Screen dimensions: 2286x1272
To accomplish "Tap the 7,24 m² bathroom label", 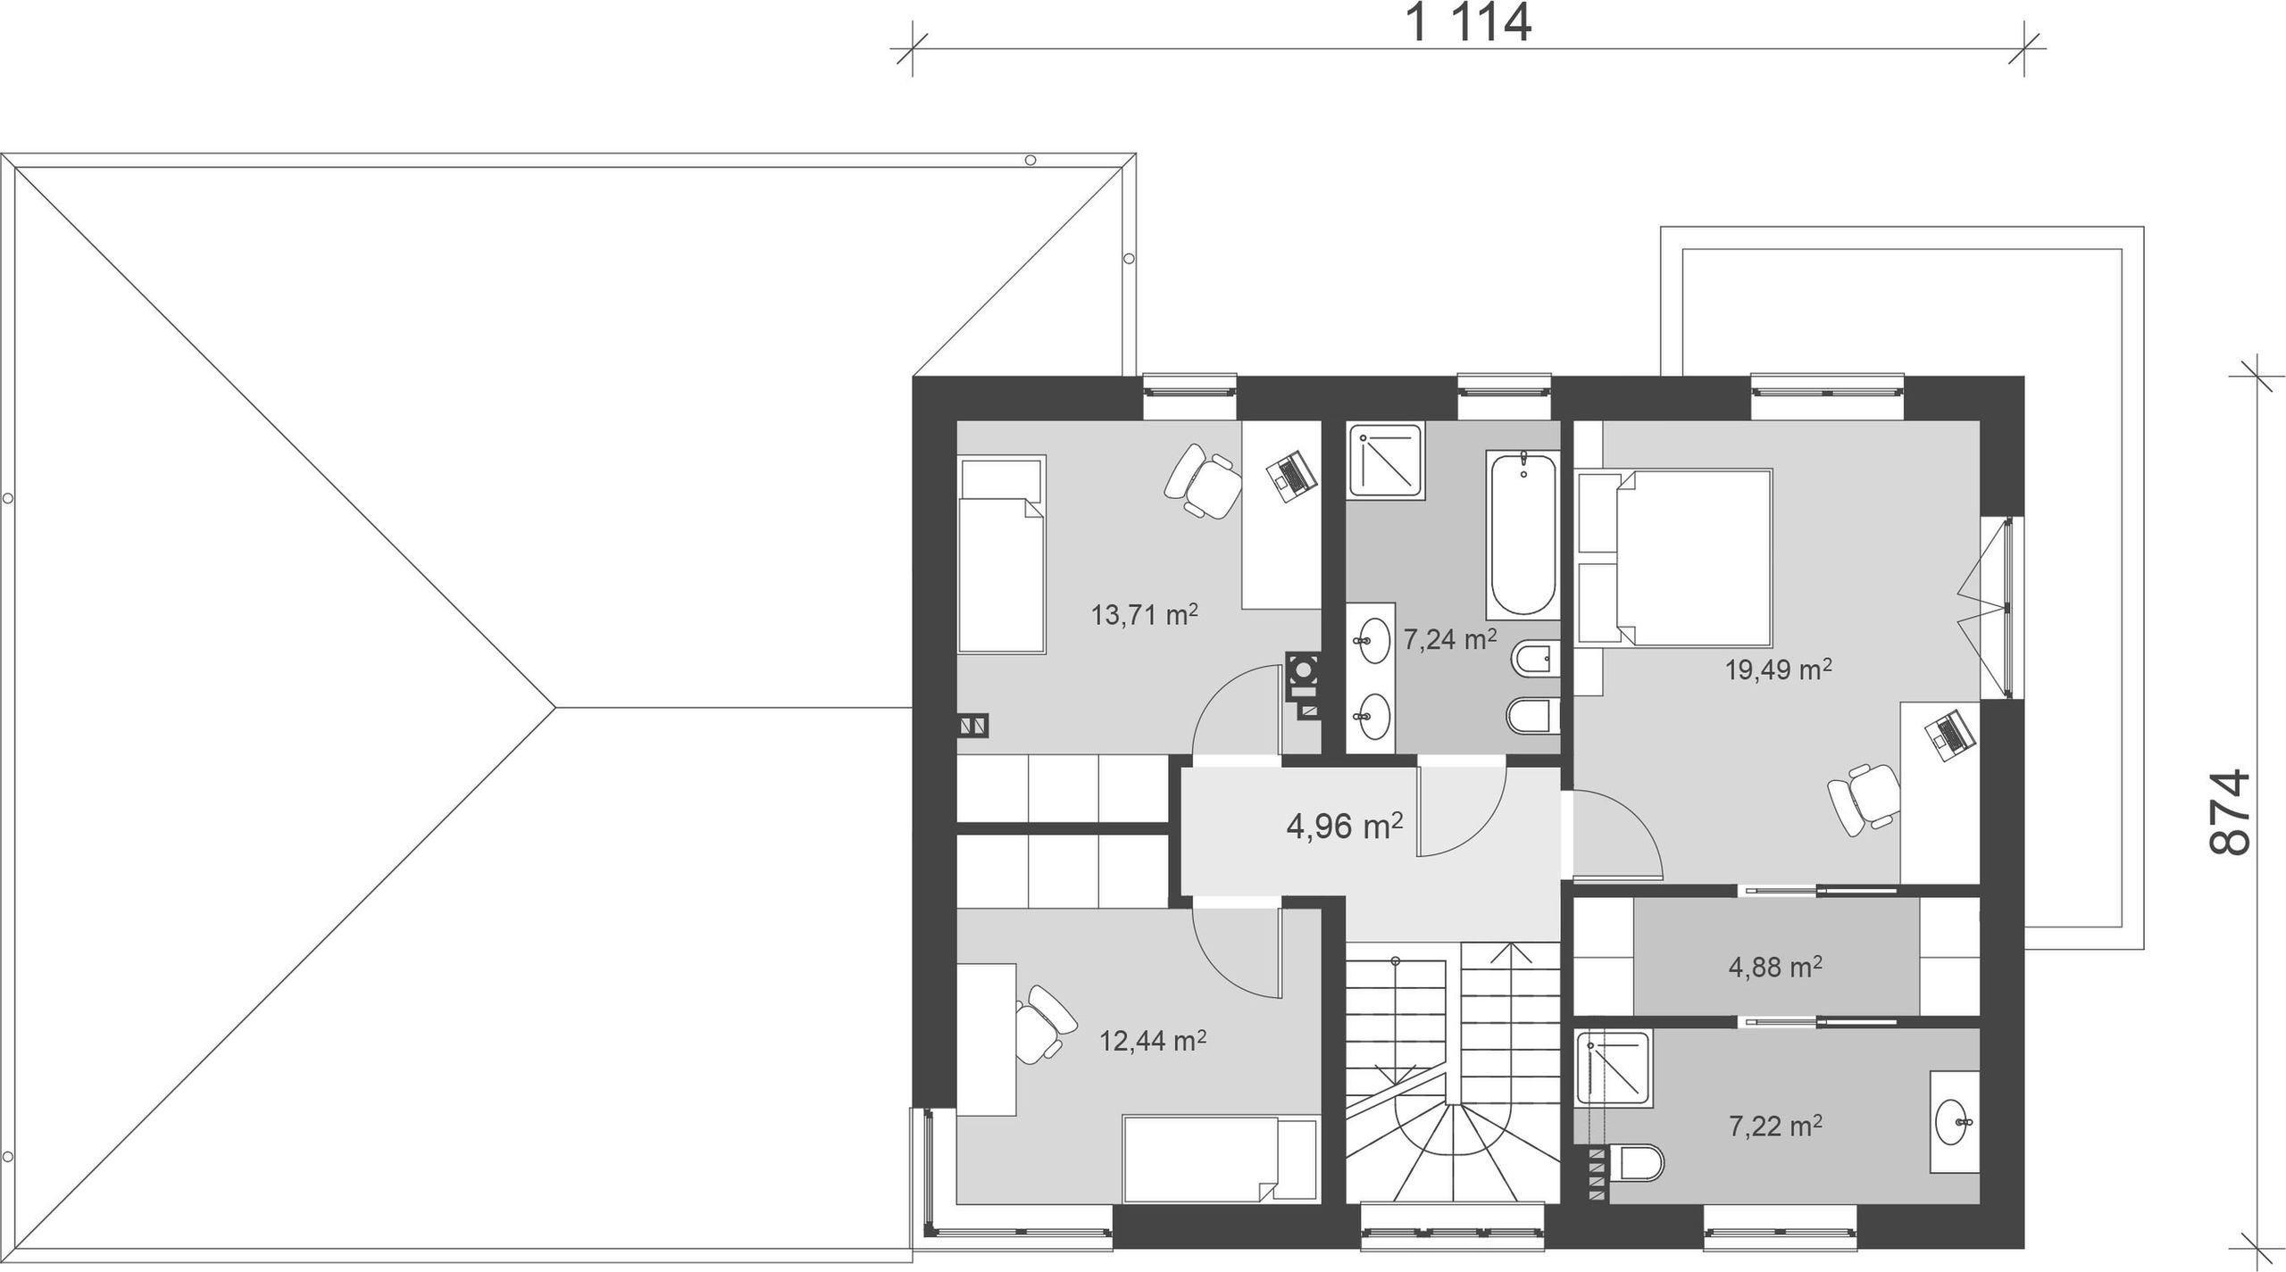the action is coord(1449,639).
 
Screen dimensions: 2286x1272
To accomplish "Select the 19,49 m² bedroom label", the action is coord(1779,669).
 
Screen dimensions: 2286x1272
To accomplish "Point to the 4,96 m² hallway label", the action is coord(1344,827).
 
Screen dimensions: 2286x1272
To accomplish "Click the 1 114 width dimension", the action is coord(1470,23).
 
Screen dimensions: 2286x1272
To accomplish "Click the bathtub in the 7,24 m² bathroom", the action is coord(1523,535).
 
